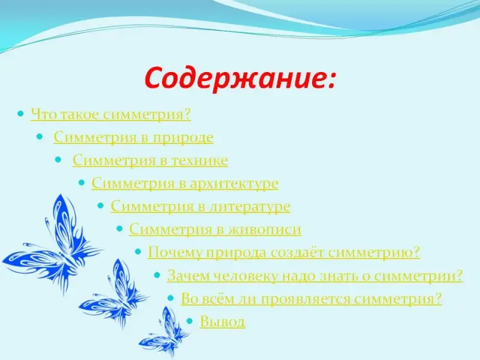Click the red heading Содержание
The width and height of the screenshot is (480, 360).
(x=239, y=78)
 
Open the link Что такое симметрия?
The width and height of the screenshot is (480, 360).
(x=110, y=115)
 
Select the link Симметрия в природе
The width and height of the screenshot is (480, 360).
(x=133, y=137)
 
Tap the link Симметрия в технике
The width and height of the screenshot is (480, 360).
(x=151, y=160)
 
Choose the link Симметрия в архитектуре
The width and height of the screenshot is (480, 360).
(x=185, y=184)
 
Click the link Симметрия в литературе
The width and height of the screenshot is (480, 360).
(x=200, y=206)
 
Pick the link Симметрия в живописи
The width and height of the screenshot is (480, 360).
(x=215, y=229)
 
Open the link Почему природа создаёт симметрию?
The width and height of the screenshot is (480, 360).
(x=284, y=253)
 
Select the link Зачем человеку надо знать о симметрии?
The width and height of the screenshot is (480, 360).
(x=315, y=275)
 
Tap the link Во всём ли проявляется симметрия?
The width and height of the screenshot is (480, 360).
(x=311, y=298)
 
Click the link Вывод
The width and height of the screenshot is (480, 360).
(x=222, y=322)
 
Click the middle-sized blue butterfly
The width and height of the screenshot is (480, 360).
(x=115, y=294)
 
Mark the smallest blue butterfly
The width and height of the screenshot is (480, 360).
(x=166, y=332)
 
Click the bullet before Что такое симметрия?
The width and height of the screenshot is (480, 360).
(x=20, y=114)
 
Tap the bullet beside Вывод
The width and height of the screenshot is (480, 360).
(x=190, y=321)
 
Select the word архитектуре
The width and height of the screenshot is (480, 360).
(x=234, y=184)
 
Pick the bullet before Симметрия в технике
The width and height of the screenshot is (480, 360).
(x=58, y=160)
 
